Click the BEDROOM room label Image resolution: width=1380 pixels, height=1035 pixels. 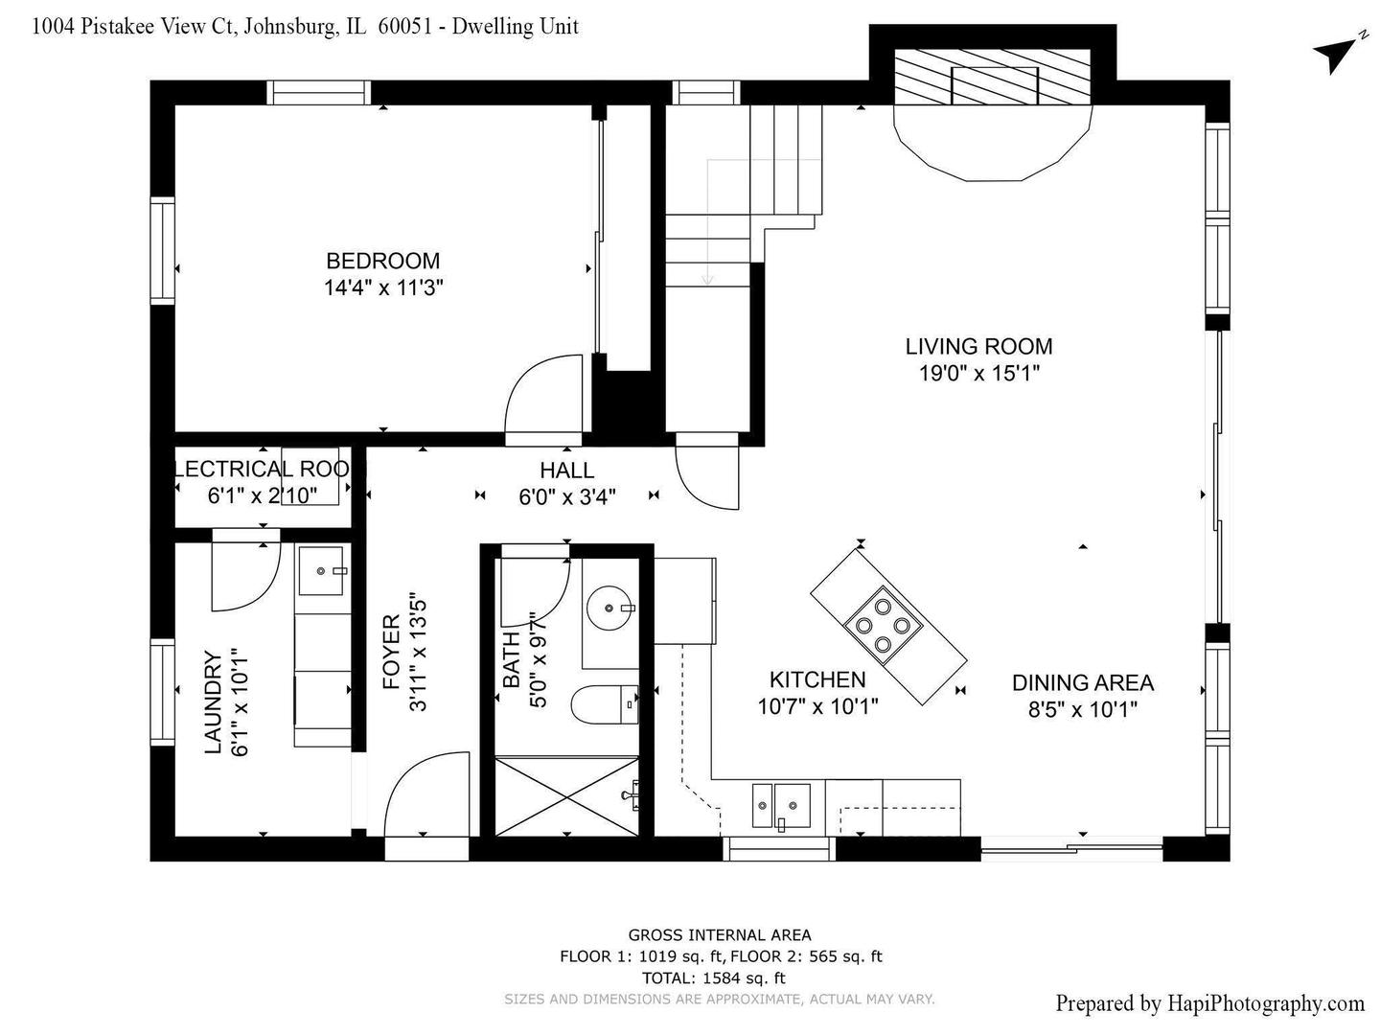pos(382,261)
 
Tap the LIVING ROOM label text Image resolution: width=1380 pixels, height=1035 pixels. pos(978,346)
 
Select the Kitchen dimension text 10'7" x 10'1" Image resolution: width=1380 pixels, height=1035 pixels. pos(817,707)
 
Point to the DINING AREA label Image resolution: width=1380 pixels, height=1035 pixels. pos(1083,682)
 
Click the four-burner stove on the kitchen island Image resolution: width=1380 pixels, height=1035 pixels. pos(883,625)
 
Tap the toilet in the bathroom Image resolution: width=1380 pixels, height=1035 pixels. pos(605,704)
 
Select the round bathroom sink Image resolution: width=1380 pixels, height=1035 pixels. pos(609,608)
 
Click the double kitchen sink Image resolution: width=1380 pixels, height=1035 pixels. pos(781,807)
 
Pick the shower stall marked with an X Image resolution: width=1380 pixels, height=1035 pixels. pos(566,796)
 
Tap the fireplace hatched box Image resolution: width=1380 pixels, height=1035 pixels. pos(993,77)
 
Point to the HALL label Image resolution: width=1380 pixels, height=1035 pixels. pos(566,470)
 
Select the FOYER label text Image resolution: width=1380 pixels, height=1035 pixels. pos(391,652)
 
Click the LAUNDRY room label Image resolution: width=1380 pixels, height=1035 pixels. pos(213,701)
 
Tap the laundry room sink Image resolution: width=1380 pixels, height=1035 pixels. pos(321,570)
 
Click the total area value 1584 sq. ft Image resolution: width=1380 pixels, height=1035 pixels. pos(744,977)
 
